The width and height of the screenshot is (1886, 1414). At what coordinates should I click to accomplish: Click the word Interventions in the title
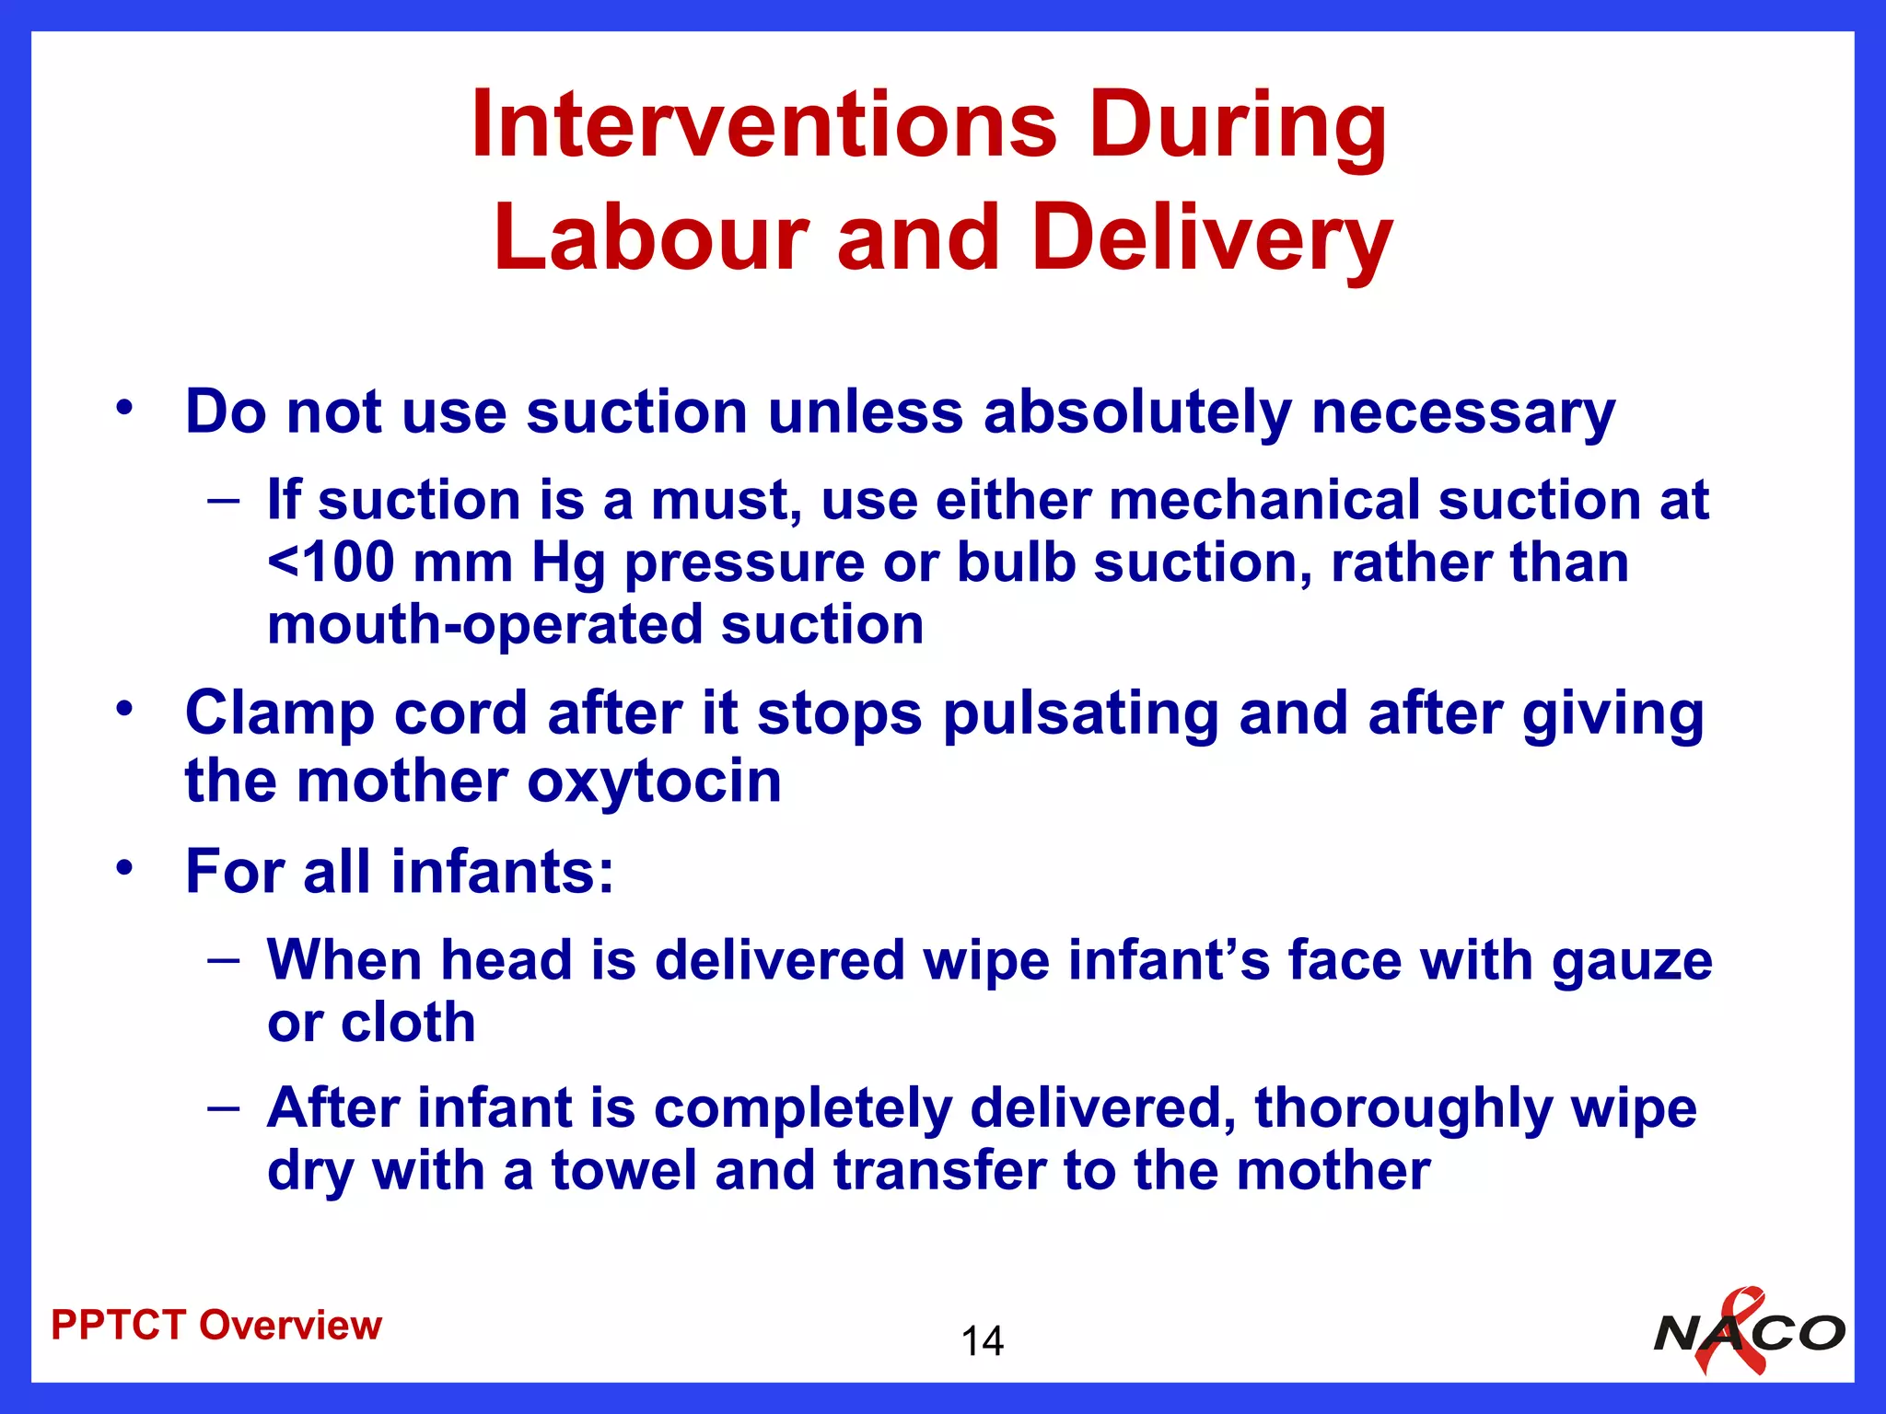point(763,125)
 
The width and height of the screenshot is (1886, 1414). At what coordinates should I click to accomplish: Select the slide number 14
point(982,1341)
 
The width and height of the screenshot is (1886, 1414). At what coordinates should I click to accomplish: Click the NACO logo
point(1749,1332)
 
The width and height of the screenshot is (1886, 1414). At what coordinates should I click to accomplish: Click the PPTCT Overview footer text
point(216,1325)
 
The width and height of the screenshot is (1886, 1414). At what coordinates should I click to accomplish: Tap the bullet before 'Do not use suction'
point(125,407)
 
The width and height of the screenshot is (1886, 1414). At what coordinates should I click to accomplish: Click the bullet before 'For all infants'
point(125,867)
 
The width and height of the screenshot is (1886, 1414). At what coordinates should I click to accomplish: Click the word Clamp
point(279,714)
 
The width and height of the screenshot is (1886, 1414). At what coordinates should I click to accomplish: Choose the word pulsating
point(1081,714)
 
